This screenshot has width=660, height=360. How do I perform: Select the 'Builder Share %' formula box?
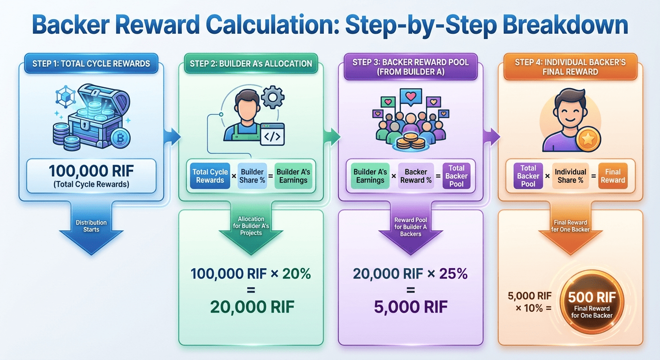252,176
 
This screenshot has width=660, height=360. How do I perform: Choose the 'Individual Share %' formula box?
570,176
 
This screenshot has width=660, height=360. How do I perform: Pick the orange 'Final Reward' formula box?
613,176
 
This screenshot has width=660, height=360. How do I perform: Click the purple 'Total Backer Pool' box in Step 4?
528,176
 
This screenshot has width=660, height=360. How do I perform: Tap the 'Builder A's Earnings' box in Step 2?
294,176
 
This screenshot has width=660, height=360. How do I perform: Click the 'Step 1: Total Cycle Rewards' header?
91,63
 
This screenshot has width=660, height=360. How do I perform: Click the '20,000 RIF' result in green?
252,307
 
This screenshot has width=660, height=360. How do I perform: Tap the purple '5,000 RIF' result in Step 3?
411,307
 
